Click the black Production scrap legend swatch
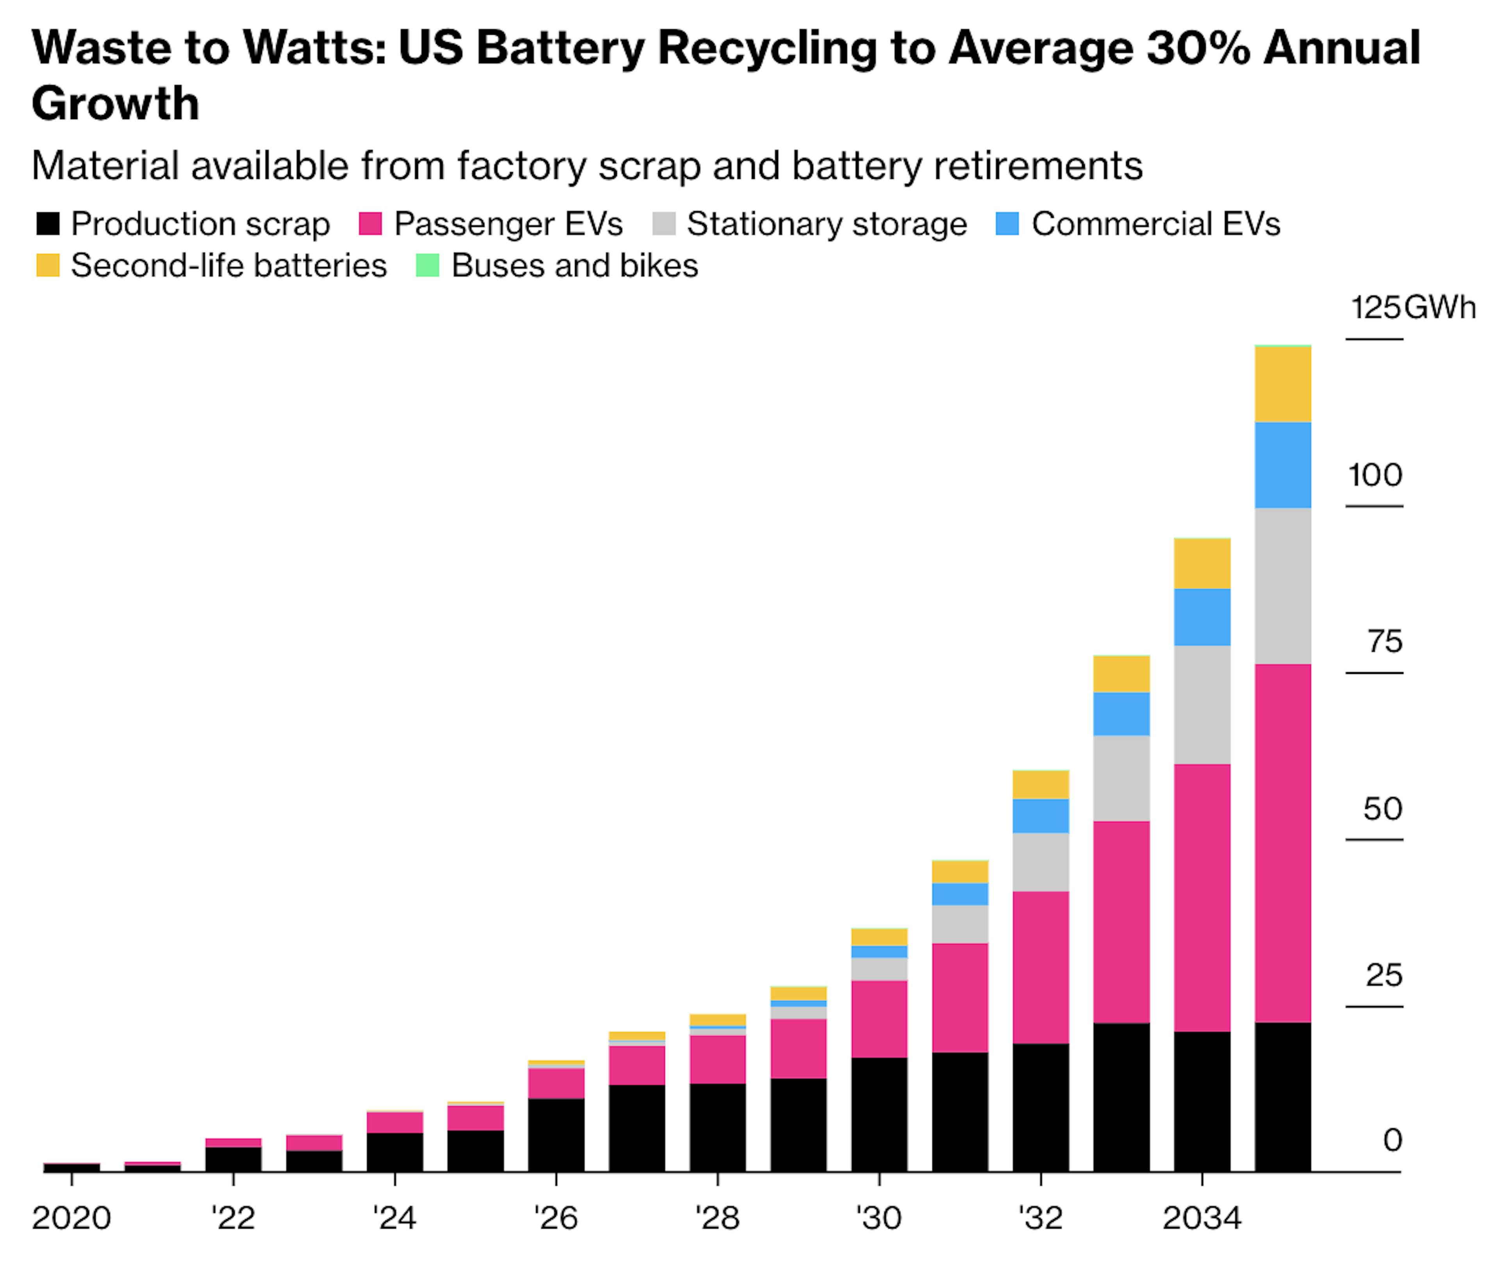point(47,224)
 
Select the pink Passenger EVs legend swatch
point(370,224)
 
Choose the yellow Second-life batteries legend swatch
point(47,265)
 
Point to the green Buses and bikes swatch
point(428,265)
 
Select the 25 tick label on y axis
point(1384,976)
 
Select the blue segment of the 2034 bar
point(1202,617)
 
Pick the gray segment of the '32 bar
point(1041,862)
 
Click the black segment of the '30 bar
point(879,1114)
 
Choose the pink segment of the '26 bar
point(556,1083)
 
